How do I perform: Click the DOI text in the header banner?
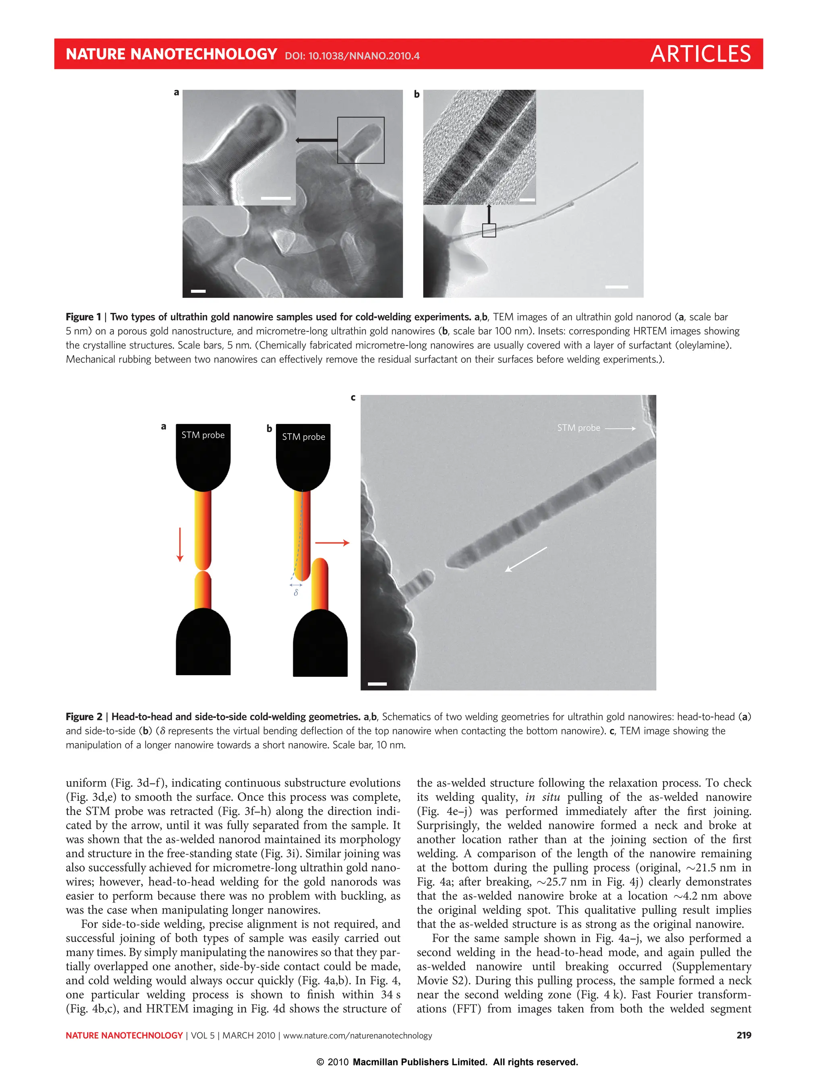(x=352, y=56)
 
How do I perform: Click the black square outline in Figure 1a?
(x=361, y=141)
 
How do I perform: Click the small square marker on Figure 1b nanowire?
(x=489, y=230)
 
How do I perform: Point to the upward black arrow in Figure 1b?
(x=489, y=213)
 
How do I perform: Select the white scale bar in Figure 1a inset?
(x=276, y=198)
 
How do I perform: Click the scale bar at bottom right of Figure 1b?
(x=616, y=287)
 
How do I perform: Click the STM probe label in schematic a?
(x=203, y=435)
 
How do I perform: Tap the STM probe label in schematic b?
(x=303, y=437)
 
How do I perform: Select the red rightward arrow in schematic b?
(x=332, y=543)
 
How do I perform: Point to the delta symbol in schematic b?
(x=296, y=593)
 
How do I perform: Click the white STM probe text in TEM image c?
(x=578, y=428)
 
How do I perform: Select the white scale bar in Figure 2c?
(x=377, y=684)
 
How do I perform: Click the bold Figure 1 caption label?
(x=83, y=317)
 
